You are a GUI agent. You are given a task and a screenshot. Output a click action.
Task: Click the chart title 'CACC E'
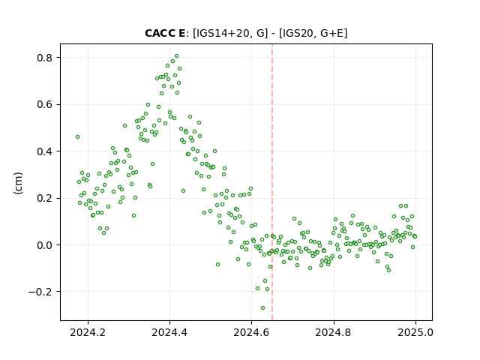pyautogui.click(x=165, y=33)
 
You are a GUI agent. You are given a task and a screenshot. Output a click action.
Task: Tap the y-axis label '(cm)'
pyautogui.click(x=18, y=183)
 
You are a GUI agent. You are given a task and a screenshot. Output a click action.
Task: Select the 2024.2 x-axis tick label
pyautogui.click(x=88, y=332)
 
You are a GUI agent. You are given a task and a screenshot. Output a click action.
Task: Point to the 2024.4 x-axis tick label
pyautogui.click(x=169, y=332)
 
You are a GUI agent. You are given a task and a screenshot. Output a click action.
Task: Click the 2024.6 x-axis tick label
pyautogui.click(x=251, y=332)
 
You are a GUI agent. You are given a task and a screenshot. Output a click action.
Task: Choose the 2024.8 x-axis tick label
pyautogui.click(x=333, y=332)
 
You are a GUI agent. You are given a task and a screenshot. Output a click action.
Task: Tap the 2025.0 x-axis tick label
pyautogui.click(x=415, y=332)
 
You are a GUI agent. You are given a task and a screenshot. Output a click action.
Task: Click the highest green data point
pyautogui.click(x=177, y=56)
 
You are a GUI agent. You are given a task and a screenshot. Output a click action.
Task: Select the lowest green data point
pyautogui.click(x=262, y=307)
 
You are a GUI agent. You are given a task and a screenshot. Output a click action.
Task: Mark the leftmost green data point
pyautogui.click(x=77, y=136)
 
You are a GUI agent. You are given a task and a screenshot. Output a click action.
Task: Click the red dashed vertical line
pyautogui.click(x=272, y=182)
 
